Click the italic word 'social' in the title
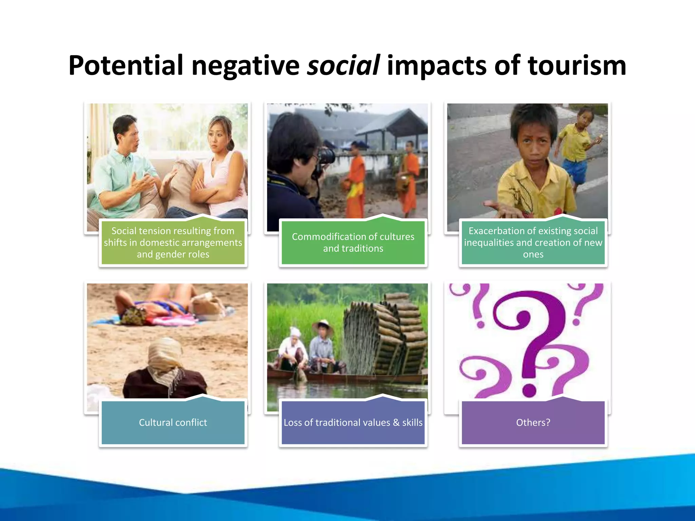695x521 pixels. [x=343, y=65]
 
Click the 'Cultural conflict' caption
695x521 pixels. [x=173, y=422]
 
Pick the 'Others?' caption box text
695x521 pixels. [x=533, y=422]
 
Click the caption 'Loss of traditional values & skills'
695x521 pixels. [x=353, y=422]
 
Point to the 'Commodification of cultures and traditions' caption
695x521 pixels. [x=353, y=242]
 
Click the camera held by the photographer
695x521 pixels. [x=325, y=157]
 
